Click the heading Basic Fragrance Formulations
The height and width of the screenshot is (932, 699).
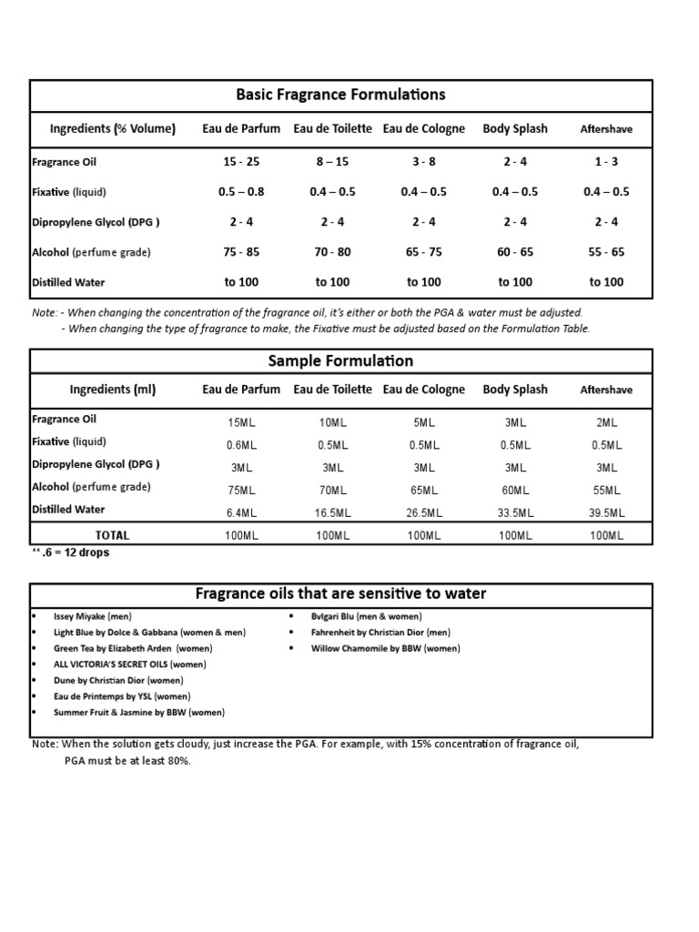click(341, 95)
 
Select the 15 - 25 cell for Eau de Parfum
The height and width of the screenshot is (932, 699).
click(241, 162)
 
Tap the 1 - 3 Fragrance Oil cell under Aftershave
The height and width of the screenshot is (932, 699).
click(606, 162)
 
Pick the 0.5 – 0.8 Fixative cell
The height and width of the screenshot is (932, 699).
click(241, 192)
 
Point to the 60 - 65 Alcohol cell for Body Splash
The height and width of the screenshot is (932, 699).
click(515, 252)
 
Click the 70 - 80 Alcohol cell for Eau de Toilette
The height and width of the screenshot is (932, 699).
click(332, 252)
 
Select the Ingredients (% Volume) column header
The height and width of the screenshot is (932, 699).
click(113, 128)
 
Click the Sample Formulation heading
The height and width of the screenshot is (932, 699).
click(341, 361)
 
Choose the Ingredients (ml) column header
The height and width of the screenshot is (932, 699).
click(113, 390)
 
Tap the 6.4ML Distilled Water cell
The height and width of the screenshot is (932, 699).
click(241, 513)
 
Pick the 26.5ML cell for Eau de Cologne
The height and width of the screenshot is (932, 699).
click(424, 513)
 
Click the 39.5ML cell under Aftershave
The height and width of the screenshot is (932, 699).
click(606, 513)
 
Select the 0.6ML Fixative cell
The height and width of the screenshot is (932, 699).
click(241, 445)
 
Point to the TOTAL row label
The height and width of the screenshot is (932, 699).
click(113, 535)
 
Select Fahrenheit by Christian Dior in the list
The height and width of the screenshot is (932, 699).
click(380, 632)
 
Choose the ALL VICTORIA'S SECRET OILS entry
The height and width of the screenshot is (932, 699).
click(116, 664)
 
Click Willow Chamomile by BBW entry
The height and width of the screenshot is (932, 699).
click(385, 648)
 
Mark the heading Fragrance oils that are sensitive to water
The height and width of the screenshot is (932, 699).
click(341, 594)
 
